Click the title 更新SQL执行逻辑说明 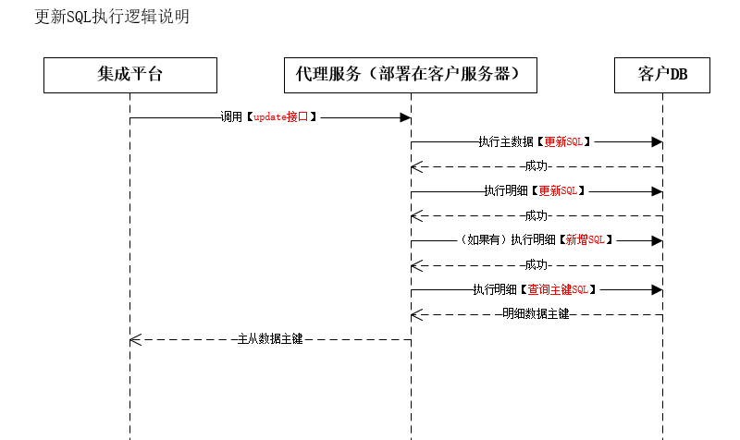(x=112, y=17)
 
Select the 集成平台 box (x=130, y=75)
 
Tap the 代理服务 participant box (x=411, y=75)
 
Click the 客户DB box (x=662, y=75)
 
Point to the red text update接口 (x=281, y=117)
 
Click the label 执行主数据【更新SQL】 (x=535, y=142)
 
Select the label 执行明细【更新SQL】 (x=535, y=191)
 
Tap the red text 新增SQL (x=586, y=240)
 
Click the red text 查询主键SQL (x=558, y=289)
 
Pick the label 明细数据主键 (x=536, y=314)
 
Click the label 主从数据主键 (x=270, y=339)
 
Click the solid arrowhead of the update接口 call (x=405, y=117)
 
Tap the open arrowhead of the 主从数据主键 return (x=135, y=339)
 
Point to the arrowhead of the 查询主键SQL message (x=657, y=289)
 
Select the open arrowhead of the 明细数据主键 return (x=417, y=314)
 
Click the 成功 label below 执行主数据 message (x=536, y=166)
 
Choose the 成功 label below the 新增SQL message (x=536, y=265)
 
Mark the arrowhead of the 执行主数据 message (x=657, y=142)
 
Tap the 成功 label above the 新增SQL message (x=536, y=216)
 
